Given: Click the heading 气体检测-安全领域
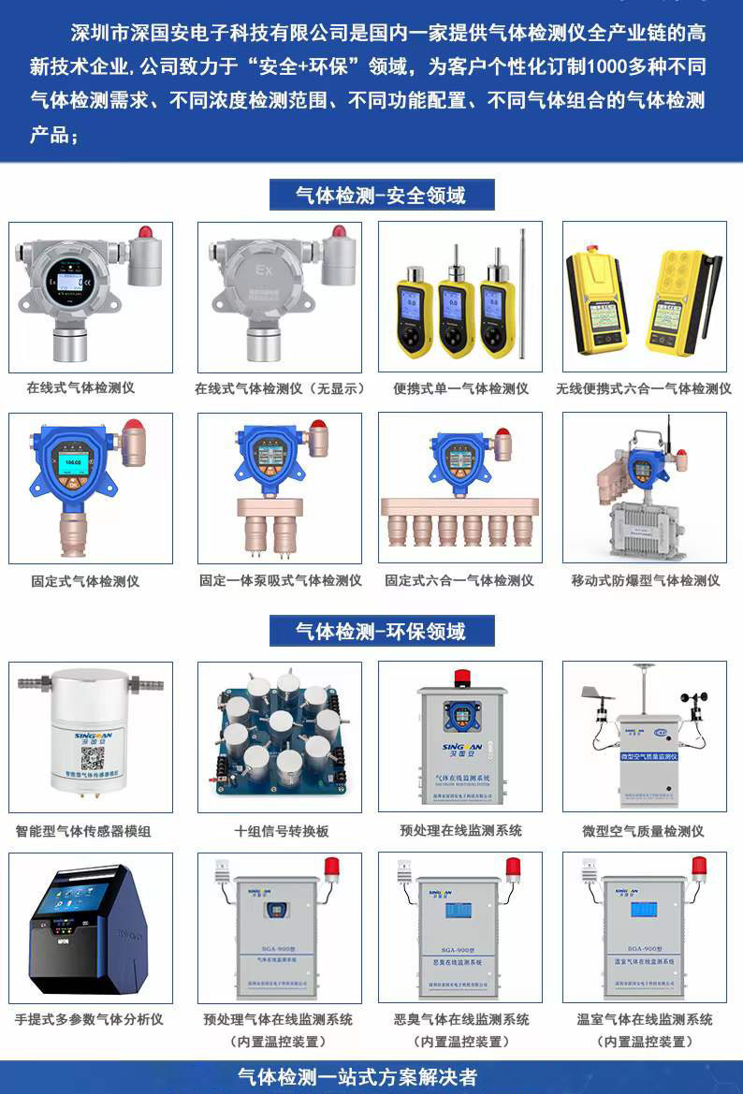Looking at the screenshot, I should point(381,196).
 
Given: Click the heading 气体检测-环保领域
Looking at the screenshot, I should point(381,632).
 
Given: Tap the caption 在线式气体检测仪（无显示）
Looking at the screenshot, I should point(280,388).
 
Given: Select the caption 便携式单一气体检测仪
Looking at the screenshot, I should point(460,388).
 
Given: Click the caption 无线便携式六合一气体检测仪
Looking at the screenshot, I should point(644,388).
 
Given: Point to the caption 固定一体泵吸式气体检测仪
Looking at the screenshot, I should point(280,580).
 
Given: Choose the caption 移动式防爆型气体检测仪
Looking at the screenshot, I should point(646,580).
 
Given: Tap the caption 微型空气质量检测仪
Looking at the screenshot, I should point(643,831).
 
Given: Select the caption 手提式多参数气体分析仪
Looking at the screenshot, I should point(90,1019).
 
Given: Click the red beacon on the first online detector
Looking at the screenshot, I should point(145,231).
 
